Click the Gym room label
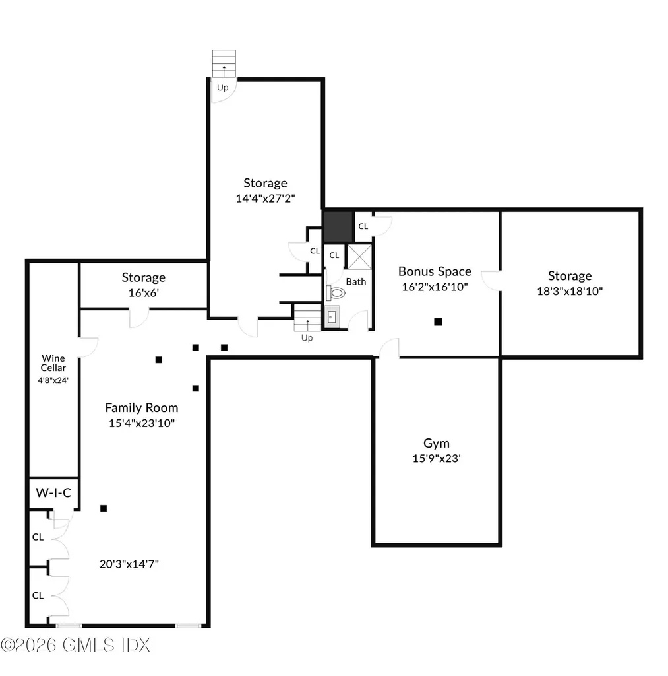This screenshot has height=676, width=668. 437,443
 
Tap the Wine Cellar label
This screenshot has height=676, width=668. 53,363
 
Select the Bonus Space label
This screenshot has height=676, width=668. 435,271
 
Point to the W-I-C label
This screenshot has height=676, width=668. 53,492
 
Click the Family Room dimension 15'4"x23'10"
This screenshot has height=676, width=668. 142,423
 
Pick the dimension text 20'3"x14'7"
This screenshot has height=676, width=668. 129,564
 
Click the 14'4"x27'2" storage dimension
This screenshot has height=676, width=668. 265,198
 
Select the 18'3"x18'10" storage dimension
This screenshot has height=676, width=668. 570,291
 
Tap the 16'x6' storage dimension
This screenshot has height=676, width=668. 144,292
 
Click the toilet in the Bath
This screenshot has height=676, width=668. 336,293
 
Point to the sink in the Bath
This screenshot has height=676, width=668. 332,318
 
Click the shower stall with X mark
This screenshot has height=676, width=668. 359,257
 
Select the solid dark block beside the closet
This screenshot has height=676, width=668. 338,227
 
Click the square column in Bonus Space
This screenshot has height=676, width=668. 438,321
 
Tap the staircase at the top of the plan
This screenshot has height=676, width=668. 224,63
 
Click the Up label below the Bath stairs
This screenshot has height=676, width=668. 307,338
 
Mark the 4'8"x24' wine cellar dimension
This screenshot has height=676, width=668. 53,380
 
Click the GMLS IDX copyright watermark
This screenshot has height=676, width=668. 76,646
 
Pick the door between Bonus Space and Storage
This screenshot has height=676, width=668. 491,280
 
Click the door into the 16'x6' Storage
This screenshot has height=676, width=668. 139,318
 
